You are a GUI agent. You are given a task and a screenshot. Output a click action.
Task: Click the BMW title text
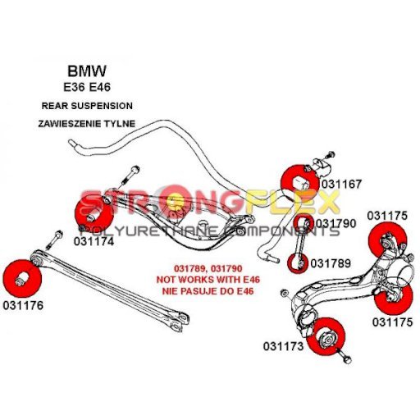click(x=87, y=71)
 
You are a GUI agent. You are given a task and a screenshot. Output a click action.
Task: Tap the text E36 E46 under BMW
click(x=87, y=87)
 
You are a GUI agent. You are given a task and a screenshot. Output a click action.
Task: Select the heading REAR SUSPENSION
click(x=87, y=106)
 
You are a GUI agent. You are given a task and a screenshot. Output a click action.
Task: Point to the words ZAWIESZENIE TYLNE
click(x=87, y=124)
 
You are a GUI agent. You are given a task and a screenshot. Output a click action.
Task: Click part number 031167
click(x=341, y=184)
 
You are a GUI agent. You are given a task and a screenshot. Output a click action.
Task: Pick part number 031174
click(x=94, y=241)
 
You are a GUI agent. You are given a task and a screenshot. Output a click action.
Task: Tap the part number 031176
click(x=23, y=305)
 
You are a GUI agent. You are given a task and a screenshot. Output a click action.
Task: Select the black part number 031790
click(x=336, y=223)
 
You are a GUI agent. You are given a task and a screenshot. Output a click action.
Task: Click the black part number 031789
click(x=331, y=263)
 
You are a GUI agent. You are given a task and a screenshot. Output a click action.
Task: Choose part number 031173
click(x=283, y=346)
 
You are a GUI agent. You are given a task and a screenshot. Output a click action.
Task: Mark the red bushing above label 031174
click(x=94, y=215)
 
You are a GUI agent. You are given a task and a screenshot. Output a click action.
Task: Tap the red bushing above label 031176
click(x=23, y=279)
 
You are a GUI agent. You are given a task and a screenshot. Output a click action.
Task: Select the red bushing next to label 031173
click(x=326, y=337)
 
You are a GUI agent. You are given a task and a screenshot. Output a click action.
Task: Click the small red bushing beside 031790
click(x=303, y=222)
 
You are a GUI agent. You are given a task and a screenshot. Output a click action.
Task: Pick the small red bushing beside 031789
click(x=297, y=263)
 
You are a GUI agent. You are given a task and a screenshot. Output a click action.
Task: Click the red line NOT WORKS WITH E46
click(x=208, y=280)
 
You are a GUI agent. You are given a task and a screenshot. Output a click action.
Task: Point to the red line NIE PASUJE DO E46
click(x=208, y=291)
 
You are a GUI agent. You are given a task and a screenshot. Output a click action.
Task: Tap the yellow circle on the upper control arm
click(x=176, y=201)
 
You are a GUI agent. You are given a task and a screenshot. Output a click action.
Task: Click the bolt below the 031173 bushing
click(x=345, y=357)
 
